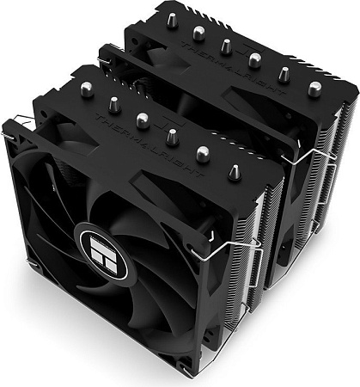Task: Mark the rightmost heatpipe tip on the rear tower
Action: coord(314,87)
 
